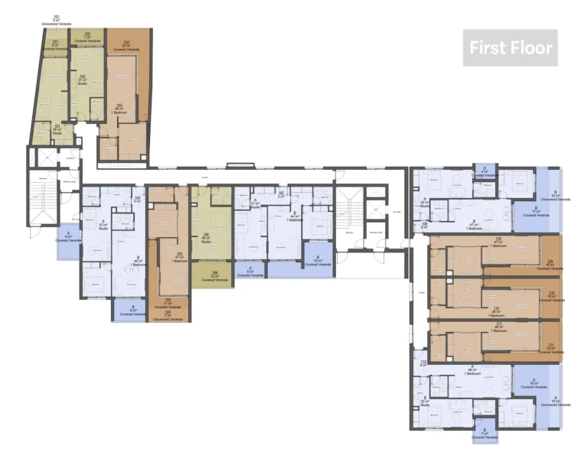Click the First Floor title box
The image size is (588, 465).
pyautogui.click(x=510, y=47)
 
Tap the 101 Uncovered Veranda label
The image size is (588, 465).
pyautogui.click(x=56, y=20)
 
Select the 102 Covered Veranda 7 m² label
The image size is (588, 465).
pyautogui.click(x=87, y=35)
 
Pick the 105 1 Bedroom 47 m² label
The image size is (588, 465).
pyautogui.click(x=179, y=256)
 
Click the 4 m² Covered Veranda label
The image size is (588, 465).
pyautogui.click(x=484, y=173)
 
